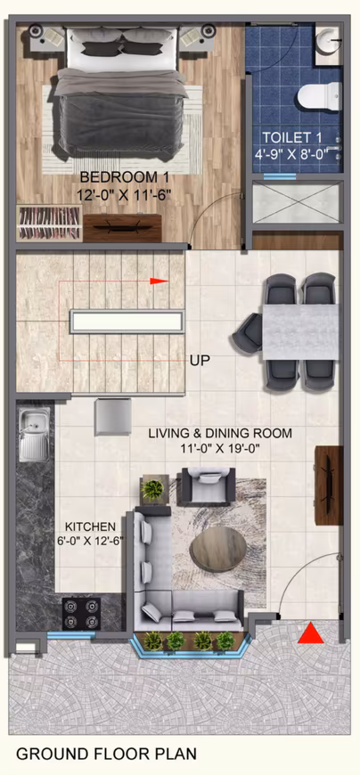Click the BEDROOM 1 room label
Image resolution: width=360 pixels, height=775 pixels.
point(125,177)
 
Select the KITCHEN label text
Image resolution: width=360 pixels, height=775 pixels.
point(91,526)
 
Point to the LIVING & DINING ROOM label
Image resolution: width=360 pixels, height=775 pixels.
point(221,434)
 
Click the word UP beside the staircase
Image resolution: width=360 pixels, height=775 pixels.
point(200,361)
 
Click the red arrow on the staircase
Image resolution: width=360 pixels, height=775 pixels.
point(159,281)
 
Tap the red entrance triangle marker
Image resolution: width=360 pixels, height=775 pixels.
point(311,633)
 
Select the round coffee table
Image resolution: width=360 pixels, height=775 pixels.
point(218,549)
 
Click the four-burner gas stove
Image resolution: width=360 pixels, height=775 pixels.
point(81,614)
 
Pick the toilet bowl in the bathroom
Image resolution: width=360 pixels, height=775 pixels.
point(319,96)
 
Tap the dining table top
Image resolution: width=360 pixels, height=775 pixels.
point(300,332)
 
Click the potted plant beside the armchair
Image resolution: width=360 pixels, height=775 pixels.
point(152,489)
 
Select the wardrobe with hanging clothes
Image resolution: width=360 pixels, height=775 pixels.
point(50,224)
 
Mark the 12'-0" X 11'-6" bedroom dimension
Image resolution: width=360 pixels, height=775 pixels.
point(124,195)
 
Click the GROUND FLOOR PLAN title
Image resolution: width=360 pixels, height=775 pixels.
point(107,754)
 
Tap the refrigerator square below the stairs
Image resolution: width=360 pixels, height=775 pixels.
point(113,417)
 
